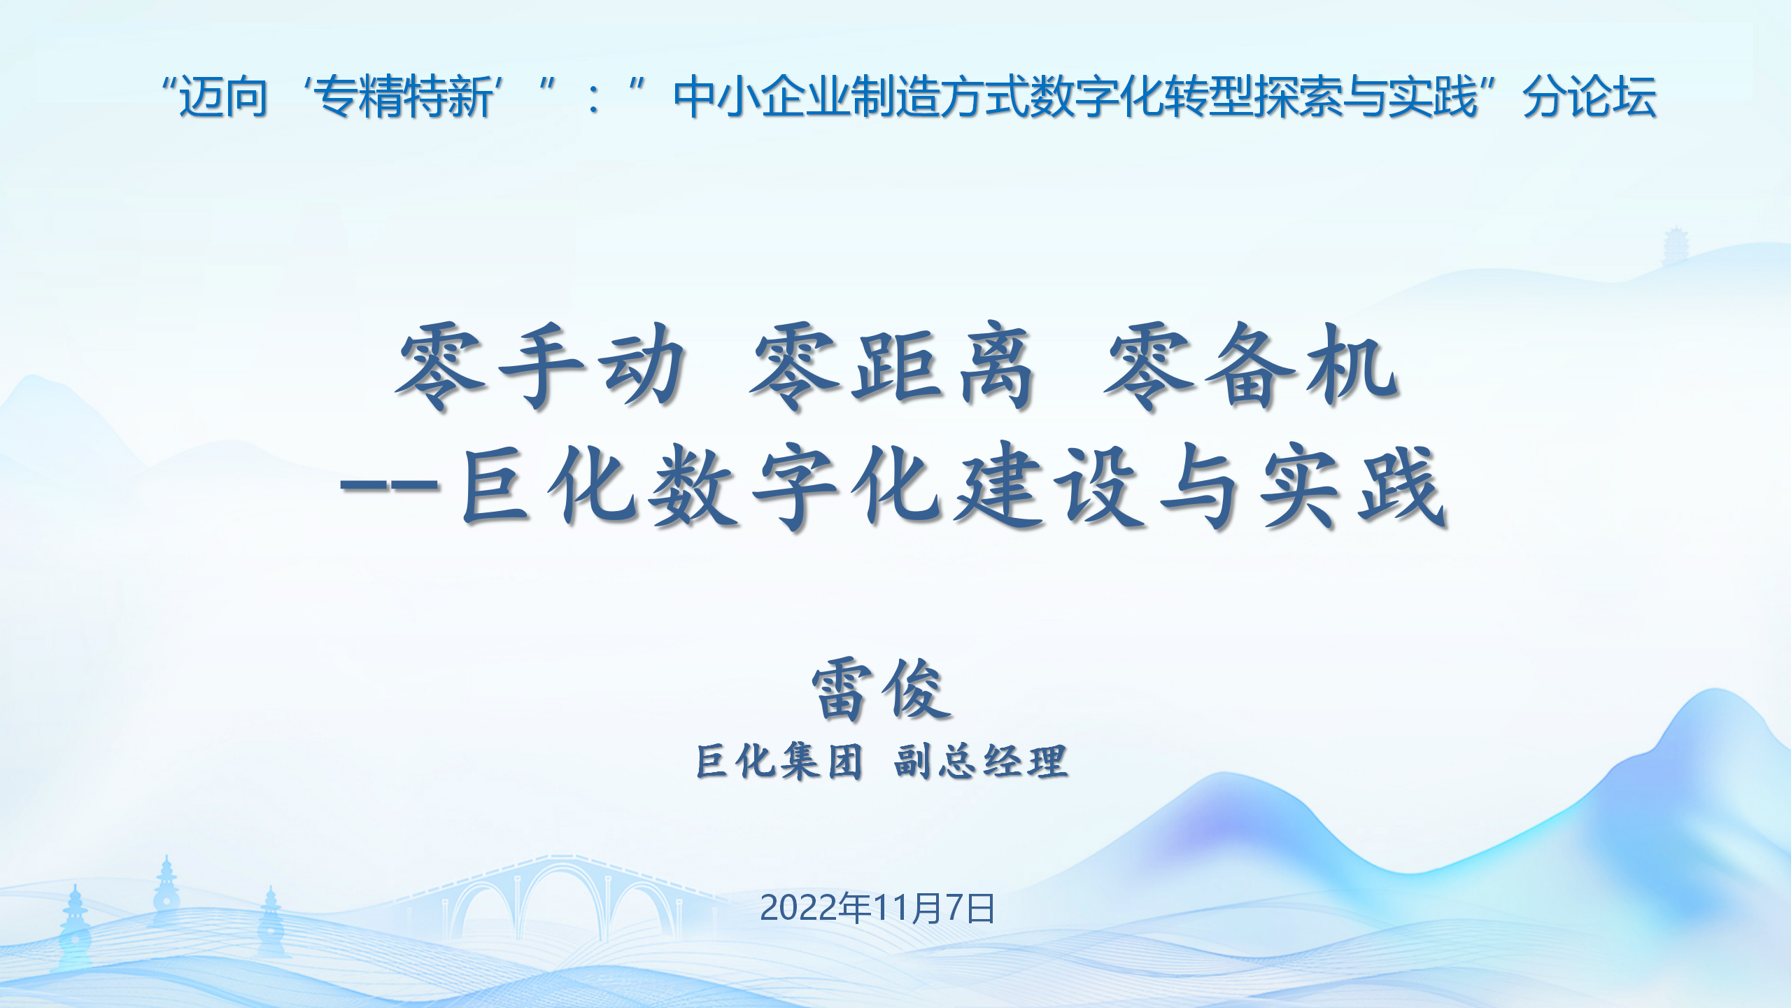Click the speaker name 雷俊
(882, 690)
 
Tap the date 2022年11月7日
(877, 908)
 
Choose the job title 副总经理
(981, 761)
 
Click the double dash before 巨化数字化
(389, 486)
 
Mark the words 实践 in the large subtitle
(1352, 486)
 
